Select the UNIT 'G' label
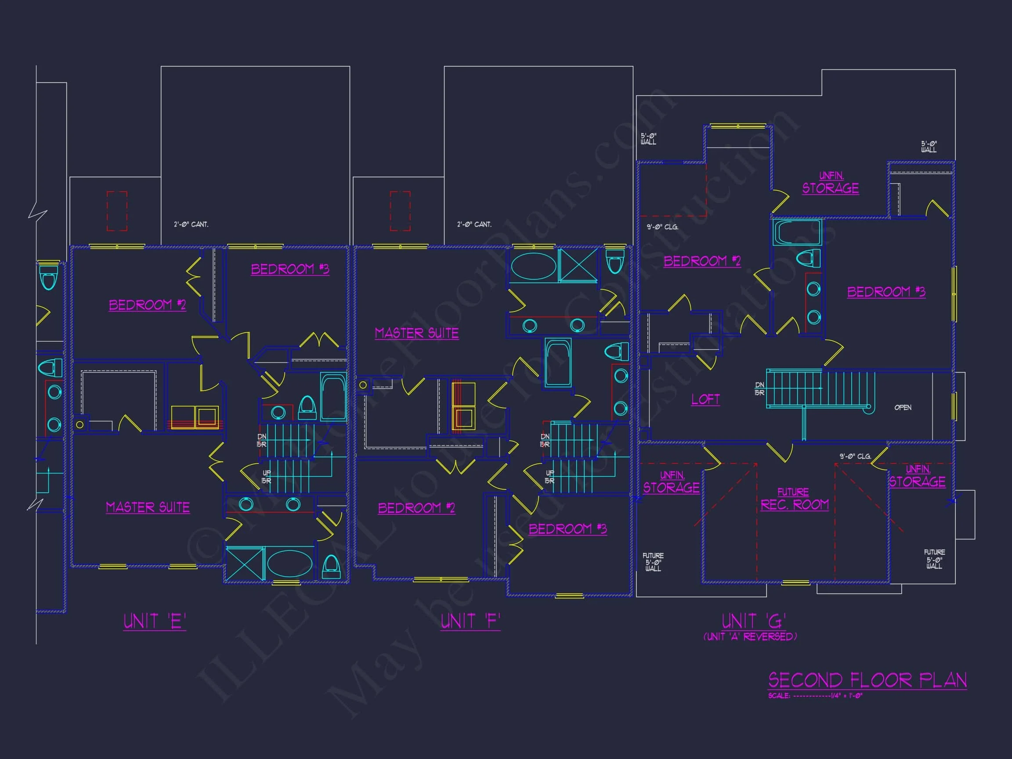click(754, 621)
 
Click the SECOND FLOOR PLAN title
click(867, 680)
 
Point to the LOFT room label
click(705, 399)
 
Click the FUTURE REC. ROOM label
click(794, 499)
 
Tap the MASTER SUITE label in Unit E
click(148, 507)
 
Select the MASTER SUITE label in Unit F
click(416, 333)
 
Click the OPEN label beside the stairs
click(903, 408)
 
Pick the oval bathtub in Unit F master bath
click(533, 266)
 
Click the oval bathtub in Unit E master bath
click(289, 564)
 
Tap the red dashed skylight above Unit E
click(117, 211)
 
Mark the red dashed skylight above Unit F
click(400, 211)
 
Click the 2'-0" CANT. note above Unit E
click(191, 224)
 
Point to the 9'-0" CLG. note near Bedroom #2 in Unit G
click(662, 227)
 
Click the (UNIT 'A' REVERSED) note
click(750, 636)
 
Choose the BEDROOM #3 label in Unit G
click(886, 292)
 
